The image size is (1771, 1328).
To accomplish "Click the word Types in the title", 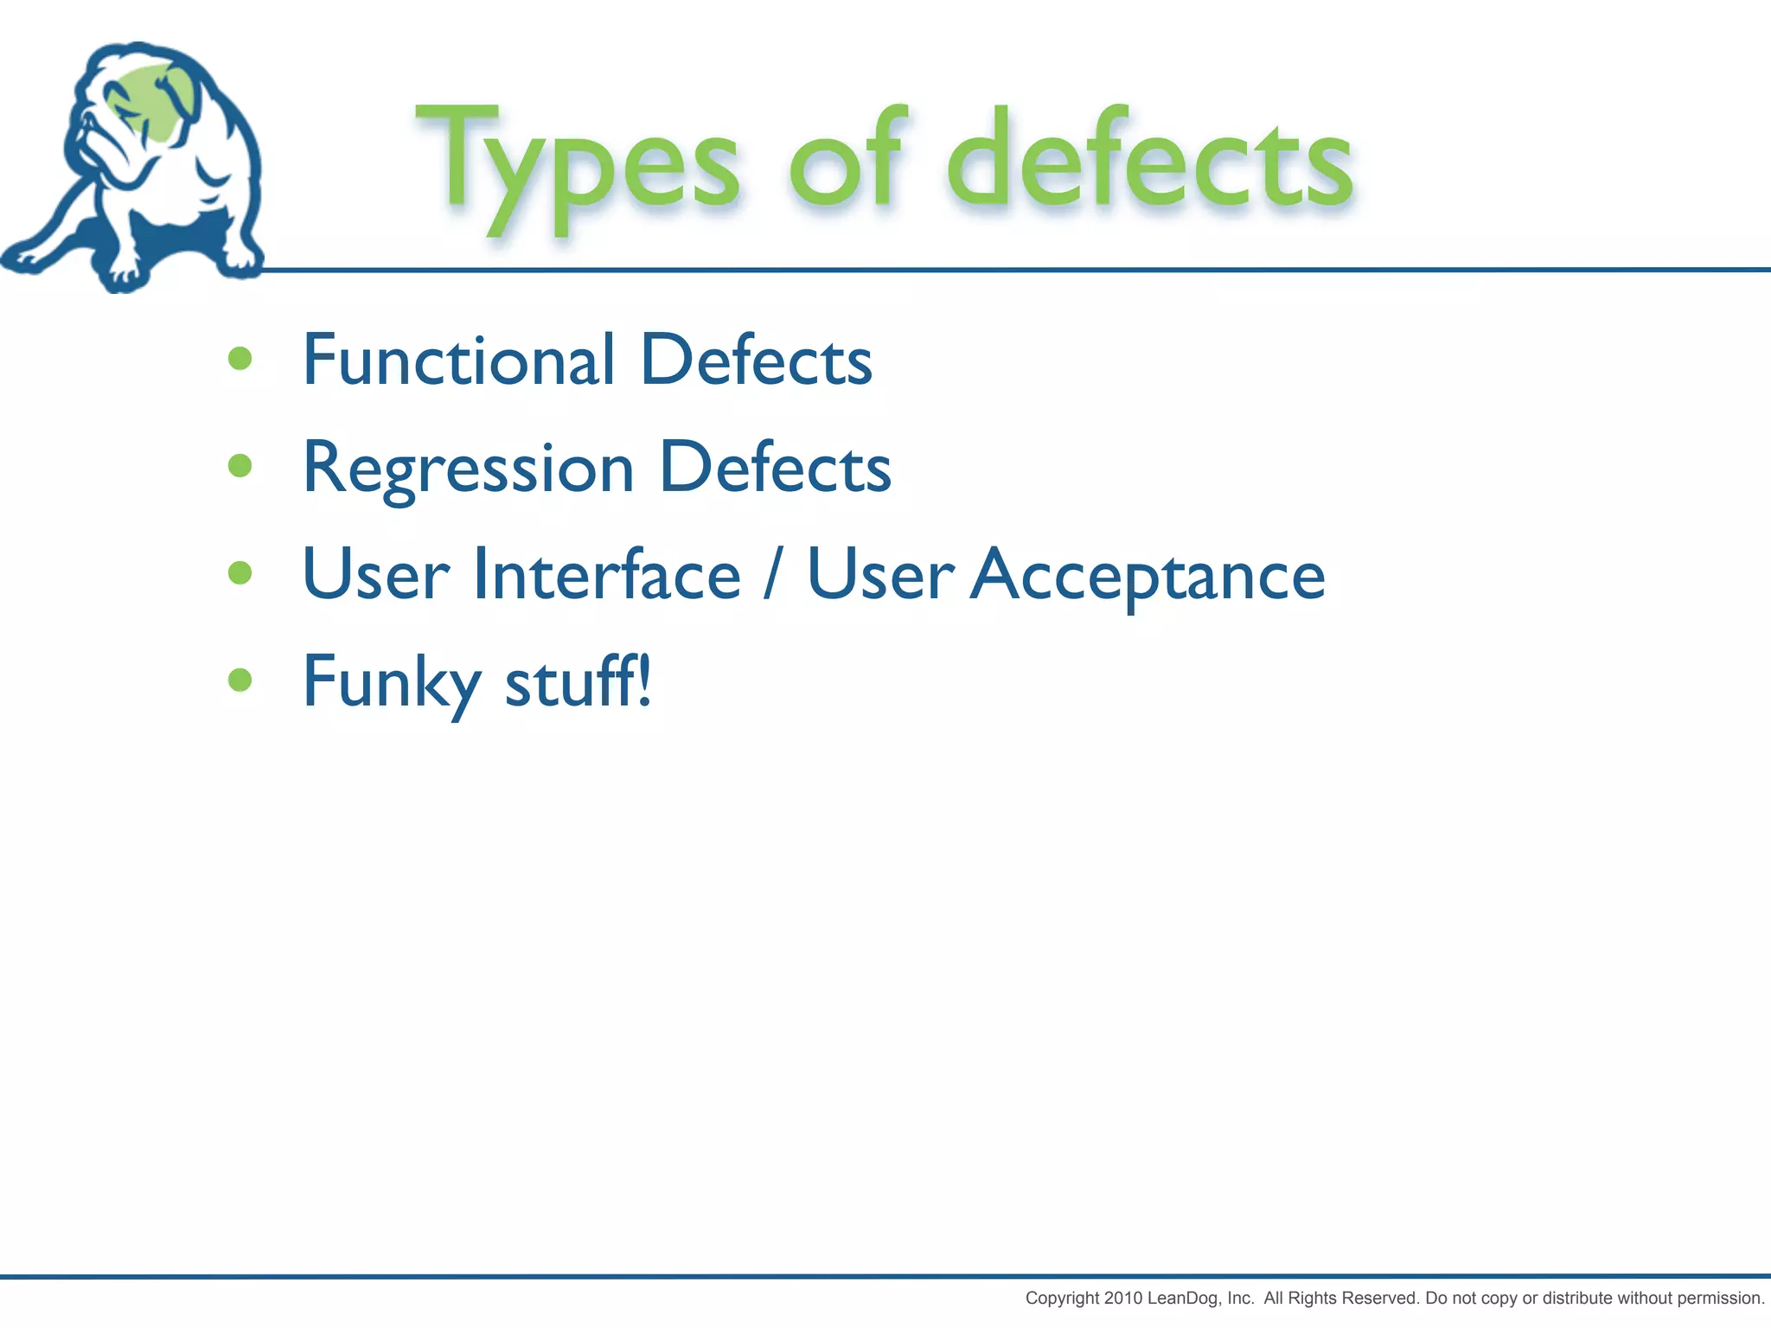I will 578,164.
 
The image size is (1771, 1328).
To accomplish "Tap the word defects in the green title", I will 1150,160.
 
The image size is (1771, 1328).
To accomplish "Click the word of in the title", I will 847,160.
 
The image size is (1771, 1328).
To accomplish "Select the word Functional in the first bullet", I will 458,360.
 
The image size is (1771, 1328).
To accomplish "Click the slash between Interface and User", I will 772,575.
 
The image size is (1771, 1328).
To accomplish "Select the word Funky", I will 391,683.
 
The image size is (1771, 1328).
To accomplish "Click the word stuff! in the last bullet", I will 578,681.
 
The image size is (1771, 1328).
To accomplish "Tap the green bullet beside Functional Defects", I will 240,359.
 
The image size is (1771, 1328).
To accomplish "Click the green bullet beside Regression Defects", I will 240,466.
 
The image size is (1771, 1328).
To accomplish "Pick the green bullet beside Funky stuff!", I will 240,680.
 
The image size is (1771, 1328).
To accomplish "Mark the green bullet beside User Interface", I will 240,572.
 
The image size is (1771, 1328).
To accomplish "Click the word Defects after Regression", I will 775,469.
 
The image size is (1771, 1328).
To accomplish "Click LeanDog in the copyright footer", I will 1184,1298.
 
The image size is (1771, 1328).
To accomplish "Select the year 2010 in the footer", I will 1123,1298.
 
